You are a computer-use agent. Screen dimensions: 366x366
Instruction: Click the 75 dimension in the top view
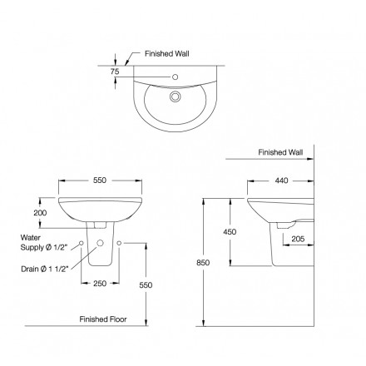click(x=116, y=72)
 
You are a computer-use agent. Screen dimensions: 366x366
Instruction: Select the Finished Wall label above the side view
click(x=279, y=153)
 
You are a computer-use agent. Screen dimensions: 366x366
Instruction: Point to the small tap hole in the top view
click(x=176, y=78)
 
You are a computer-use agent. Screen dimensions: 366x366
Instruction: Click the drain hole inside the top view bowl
click(x=176, y=96)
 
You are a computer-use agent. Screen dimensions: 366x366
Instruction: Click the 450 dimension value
click(x=230, y=232)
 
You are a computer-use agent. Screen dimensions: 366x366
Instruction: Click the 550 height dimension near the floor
click(x=146, y=284)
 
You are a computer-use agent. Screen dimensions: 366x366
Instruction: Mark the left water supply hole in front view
click(x=80, y=244)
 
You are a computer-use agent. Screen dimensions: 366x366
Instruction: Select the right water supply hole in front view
click(x=121, y=244)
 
